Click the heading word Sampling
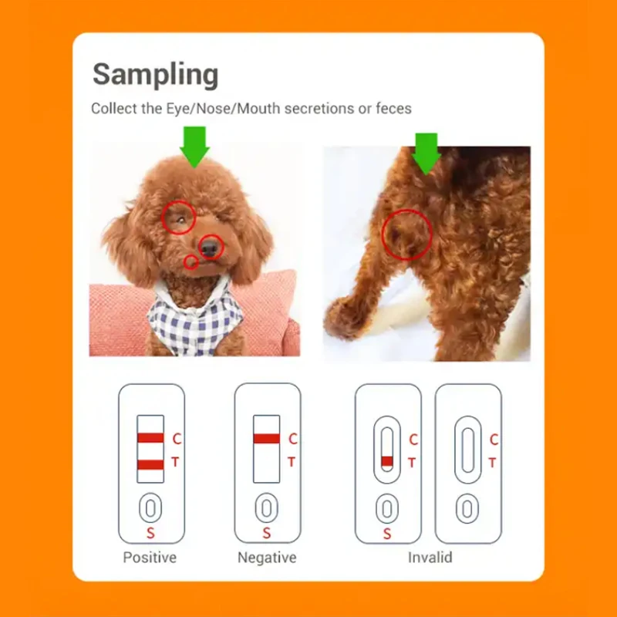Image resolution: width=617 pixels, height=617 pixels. (x=155, y=75)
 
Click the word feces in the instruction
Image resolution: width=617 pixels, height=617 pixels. (x=393, y=109)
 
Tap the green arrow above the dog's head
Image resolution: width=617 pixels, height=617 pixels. (x=195, y=147)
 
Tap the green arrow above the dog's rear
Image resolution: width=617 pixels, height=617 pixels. (x=427, y=153)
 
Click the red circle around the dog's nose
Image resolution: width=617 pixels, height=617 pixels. (x=210, y=248)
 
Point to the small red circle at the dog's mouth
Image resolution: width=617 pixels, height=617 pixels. (x=190, y=262)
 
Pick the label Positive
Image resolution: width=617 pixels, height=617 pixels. (x=150, y=557)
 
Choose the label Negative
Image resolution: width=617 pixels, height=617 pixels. (x=267, y=557)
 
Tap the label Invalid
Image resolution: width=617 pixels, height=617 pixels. (x=430, y=557)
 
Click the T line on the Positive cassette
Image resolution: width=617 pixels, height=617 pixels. (x=150, y=464)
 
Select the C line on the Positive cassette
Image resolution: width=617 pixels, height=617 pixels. (x=150, y=438)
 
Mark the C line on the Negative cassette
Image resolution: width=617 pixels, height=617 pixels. (x=266, y=438)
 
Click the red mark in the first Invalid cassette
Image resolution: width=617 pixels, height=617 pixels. (x=387, y=460)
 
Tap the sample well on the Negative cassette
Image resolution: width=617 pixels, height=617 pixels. (x=266, y=508)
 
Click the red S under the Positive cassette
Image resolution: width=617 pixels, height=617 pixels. (x=151, y=533)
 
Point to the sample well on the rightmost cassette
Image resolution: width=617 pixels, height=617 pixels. (x=467, y=508)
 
